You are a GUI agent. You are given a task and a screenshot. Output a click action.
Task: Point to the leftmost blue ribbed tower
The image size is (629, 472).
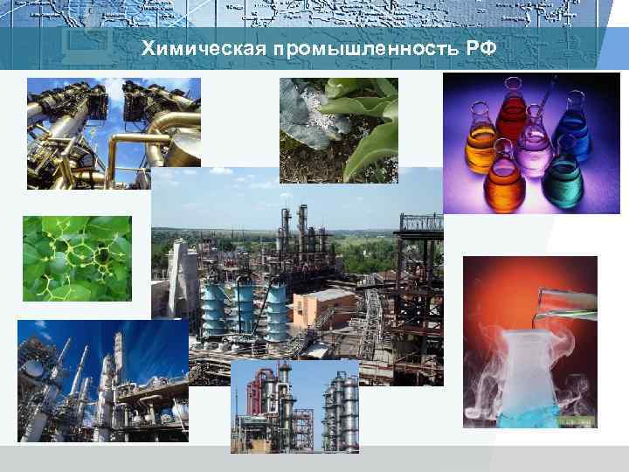(x=213, y=307)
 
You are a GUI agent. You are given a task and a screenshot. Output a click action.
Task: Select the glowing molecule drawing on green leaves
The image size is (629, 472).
(x=77, y=258)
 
